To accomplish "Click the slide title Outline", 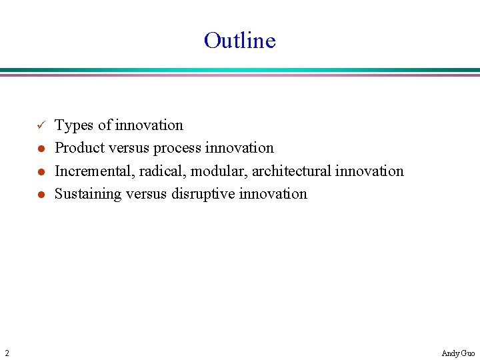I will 239,41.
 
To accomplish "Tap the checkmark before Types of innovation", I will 40,125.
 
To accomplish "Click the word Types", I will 74,125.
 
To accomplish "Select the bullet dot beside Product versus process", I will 40,149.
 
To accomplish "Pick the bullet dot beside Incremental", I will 40,171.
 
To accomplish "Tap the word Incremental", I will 95,171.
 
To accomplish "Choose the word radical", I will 163,171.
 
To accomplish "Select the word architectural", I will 291,171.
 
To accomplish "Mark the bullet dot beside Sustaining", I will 40,195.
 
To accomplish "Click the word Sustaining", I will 87,194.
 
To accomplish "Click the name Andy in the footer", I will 450,353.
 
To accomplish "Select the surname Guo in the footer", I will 468,353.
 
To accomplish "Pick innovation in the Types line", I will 149,125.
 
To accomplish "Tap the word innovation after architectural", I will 369,171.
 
